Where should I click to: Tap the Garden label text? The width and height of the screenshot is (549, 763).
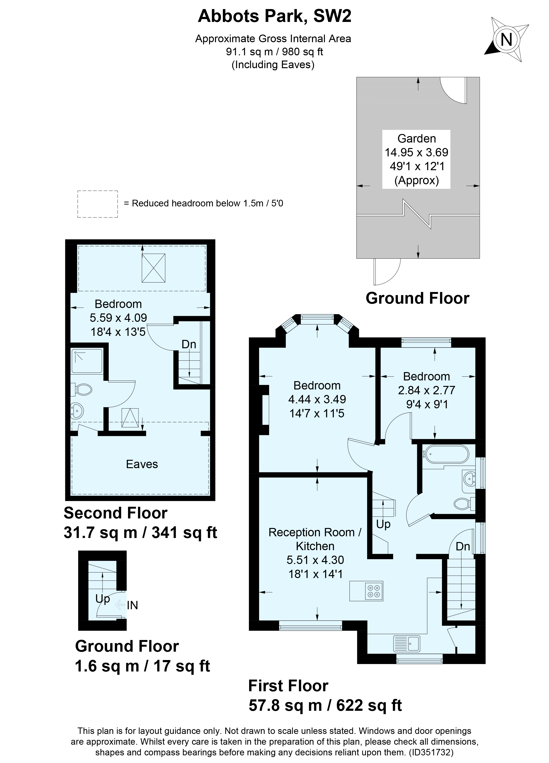416,138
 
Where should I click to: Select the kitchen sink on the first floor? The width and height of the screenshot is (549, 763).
406,643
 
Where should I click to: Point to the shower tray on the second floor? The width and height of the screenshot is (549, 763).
87,361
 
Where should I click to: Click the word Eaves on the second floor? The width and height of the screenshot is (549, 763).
142,464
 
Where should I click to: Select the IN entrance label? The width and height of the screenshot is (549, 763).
132,605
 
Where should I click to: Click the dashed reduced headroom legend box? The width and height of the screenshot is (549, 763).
97,204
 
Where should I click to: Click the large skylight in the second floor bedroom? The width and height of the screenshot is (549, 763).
153,268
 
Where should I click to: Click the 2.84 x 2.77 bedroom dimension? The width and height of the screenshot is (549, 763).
426,390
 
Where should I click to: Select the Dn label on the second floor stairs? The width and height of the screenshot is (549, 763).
189,344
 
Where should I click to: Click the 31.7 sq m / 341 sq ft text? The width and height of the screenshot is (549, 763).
140,533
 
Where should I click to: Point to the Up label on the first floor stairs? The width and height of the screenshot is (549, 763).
383,524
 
